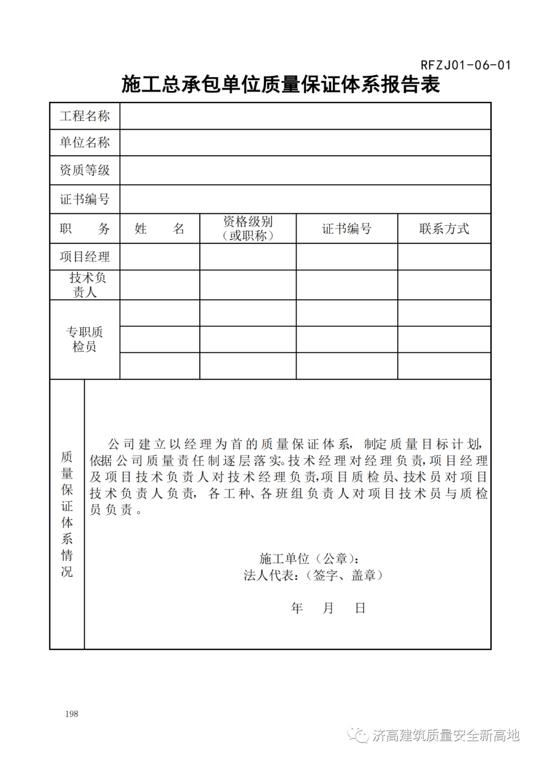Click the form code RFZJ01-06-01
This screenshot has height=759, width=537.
pyautogui.click(x=465, y=65)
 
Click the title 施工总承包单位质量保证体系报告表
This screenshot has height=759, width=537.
pyautogui.click(x=280, y=84)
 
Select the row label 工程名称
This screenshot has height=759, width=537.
pyautogui.click(x=85, y=116)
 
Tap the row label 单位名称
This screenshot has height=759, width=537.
pyautogui.click(x=85, y=143)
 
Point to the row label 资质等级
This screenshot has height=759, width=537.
pyautogui.click(x=85, y=170)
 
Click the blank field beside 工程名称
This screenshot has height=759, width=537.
pyautogui.click(x=305, y=116)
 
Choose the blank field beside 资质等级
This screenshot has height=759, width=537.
pyautogui.click(x=305, y=170)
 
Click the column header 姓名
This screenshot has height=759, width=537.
pyautogui.click(x=159, y=229)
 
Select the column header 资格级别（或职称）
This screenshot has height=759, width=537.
pyautogui.click(x=248, y=229)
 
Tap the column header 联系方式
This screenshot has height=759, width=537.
pyautogui.click(x=444, y=229)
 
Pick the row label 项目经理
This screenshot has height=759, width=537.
pyautogui.click(x=85, y=257)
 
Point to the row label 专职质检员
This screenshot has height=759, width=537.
pyautogui.click(x=85, y=339)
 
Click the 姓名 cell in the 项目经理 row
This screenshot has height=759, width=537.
pyautogui.click(x=159, y=257)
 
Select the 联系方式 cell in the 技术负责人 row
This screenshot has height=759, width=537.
pyautogui.click(x=444, y=285)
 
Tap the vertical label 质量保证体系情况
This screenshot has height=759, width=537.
pyautogui.click(x=67, y=514)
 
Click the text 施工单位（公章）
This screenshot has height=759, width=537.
pyautogui.click(x=309, y=559)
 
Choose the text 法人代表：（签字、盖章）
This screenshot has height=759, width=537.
pyautogui.click(x=313, y=576)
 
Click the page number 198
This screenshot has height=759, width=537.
pyautogui.click(x=72, y=714)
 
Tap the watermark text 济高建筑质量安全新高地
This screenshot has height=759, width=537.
pyautogui.click(x=446, y=735)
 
